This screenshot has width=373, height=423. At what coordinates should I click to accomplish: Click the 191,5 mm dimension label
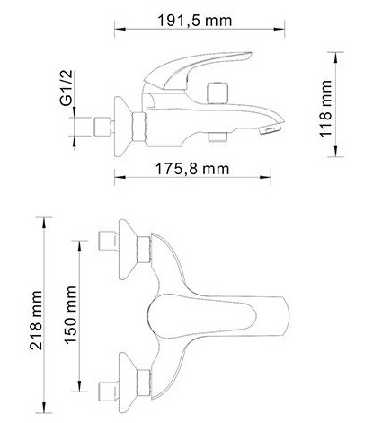(195, 21)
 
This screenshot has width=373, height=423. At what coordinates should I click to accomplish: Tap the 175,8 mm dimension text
(192, 169)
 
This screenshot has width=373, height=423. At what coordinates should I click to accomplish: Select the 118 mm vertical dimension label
(325, 109)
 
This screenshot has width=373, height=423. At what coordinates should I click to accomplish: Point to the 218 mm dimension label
(36, 320)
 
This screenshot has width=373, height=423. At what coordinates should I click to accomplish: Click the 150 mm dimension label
(71, 315)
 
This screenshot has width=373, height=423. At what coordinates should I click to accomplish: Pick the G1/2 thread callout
(67, 88)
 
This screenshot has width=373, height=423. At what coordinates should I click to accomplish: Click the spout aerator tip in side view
(270, 130)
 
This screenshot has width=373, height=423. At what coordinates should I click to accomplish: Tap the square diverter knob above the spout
(218, 93)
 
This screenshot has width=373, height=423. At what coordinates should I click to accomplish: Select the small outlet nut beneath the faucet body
(218, 137)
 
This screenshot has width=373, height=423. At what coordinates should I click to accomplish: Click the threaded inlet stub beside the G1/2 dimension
(104, 127)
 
